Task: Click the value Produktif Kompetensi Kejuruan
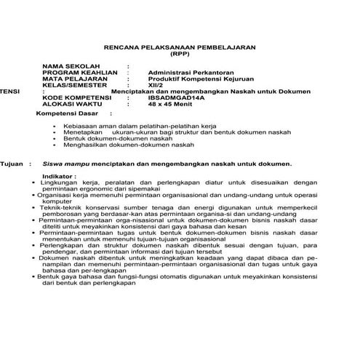click(191, 79)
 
